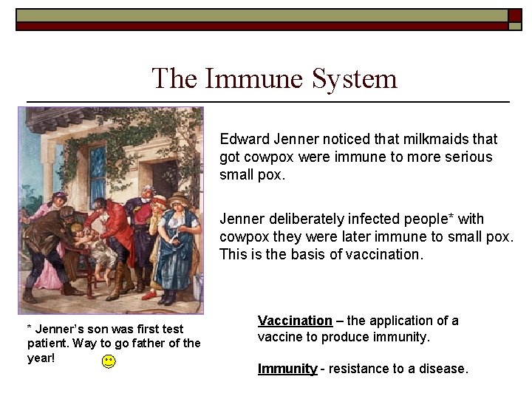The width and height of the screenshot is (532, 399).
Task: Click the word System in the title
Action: click(354, 78)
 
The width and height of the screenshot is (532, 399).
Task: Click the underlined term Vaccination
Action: click(295, 321)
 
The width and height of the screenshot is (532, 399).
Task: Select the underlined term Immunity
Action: click(287, 368)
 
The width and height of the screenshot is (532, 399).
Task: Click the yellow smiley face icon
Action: click(109, 361)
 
